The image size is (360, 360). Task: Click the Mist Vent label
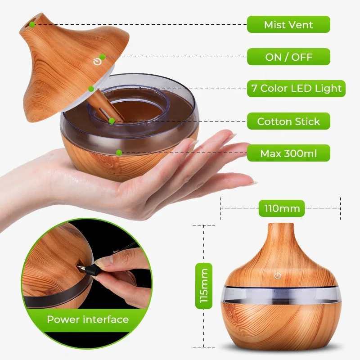click(288, 24)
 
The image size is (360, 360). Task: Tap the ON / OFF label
click(288, 57)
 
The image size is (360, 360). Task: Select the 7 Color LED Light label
click(296, 88)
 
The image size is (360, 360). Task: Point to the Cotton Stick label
click(288, 121)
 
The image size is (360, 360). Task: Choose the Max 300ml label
click(288, 153)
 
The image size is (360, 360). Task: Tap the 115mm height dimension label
click(204, 286)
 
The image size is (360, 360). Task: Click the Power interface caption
click(88, 319)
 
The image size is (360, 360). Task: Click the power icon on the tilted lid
click(96, 62)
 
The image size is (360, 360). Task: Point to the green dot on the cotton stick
click(111, 120)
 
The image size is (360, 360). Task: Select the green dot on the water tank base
click(119, 153)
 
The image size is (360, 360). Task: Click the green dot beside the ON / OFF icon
click(103, 57)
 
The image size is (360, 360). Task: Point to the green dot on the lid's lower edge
click(91, 89)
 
